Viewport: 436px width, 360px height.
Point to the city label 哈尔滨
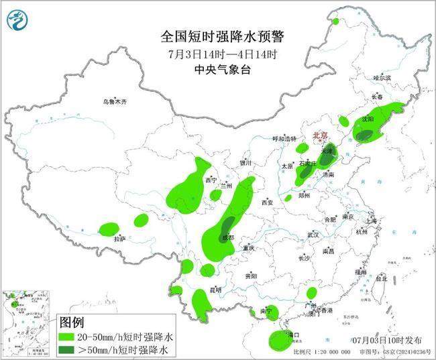click(382, 78)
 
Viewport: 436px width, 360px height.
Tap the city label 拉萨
click(119, 238)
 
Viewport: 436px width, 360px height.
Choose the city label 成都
click(229, 237)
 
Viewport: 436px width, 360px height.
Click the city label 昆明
click(215, 289)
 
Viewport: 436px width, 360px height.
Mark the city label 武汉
click(313, 235)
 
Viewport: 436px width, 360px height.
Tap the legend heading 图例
click(74, 322)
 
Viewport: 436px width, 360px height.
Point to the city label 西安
click(268, 202)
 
